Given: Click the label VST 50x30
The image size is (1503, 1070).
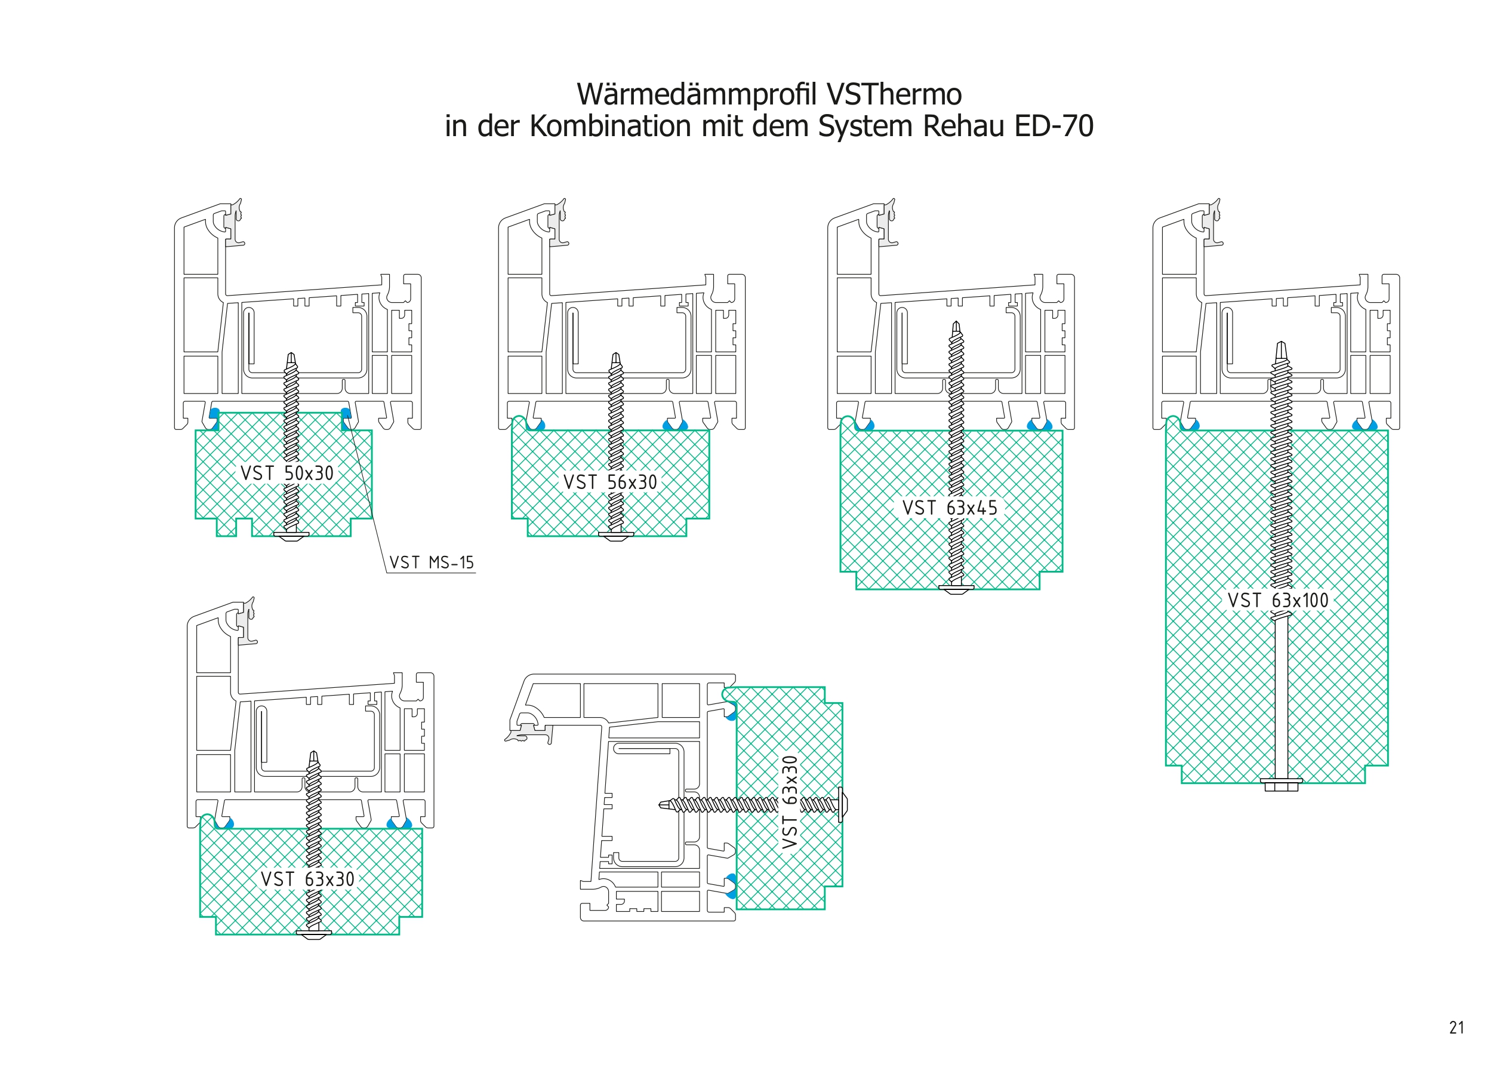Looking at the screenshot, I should [287, 473].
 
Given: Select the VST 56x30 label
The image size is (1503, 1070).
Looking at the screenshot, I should [610, 482].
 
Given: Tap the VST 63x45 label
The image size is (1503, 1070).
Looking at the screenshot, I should [950, 508].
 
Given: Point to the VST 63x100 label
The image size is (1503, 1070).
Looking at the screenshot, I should [1278, 600].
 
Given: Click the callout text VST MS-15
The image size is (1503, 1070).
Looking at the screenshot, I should [432, 562].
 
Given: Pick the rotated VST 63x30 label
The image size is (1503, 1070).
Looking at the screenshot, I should [790, 802].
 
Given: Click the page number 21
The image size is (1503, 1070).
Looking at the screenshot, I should [1456, 1027].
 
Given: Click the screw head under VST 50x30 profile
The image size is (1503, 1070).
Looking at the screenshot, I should [291, 536].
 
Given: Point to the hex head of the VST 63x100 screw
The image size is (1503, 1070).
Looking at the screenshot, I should [1281, 784].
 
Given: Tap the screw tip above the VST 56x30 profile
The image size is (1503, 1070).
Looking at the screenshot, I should [616, 358].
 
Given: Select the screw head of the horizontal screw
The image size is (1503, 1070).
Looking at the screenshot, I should [842, 804].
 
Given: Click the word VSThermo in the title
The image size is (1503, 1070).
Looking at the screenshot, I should [894, 94].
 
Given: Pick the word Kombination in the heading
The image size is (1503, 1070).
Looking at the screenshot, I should [611, 126].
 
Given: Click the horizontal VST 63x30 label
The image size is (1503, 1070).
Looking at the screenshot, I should [307, 879].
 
